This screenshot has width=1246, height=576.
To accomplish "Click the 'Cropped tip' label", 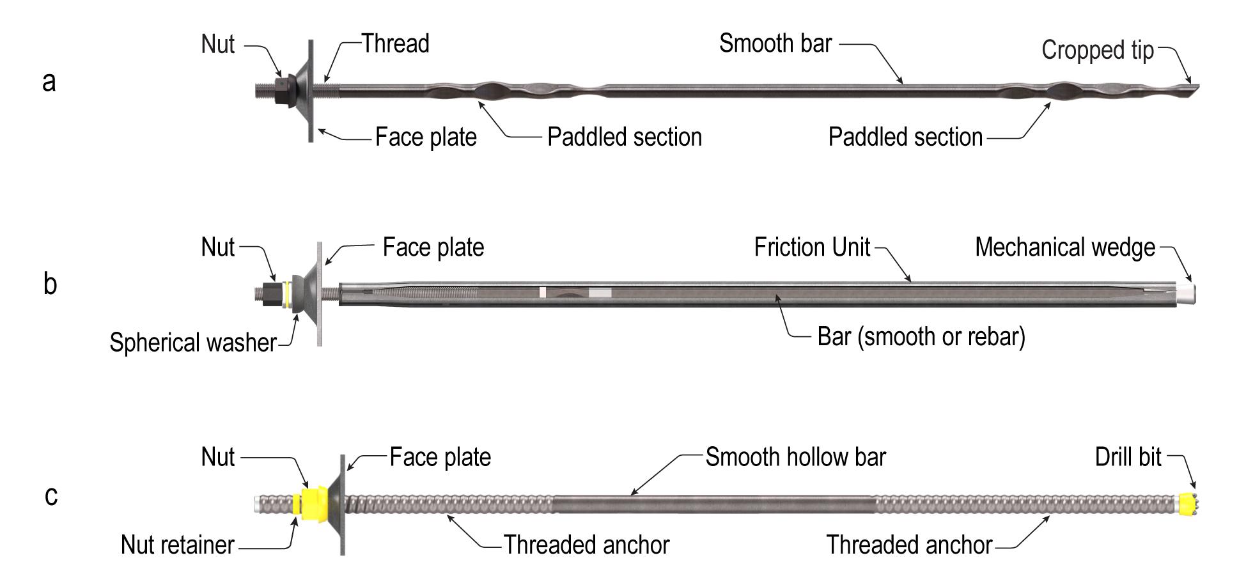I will click(x=1097, y=51).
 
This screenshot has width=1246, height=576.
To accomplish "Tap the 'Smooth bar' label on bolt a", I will click(x=775, y=43).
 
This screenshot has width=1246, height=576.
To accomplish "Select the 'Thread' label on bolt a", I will click(x=395, y=43).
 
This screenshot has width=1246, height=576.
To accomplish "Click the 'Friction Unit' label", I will click(x=812, y=247).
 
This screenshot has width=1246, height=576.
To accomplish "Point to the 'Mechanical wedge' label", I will click(x=1065, y=247).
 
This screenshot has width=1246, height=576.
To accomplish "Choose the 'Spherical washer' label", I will click(x=192, y=343).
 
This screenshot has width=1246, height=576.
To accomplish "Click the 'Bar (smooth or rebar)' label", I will click(x=921, y=336).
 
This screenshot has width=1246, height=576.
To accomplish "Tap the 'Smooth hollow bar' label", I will click(x=795, y=457).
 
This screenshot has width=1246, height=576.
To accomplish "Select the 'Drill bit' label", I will click(x=1128, y=457).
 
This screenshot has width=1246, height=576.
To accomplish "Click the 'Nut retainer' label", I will click(x=178, y=545).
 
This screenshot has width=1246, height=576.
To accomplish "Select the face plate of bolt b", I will click(x=319, y=294).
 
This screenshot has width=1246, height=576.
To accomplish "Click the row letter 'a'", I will click(x=49, y=82).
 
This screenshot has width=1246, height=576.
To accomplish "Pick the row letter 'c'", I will click(x=51, y=495).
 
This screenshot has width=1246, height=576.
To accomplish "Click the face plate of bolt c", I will click(x=343, y=504).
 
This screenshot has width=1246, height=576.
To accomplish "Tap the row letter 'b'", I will click(x=51, y=284).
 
